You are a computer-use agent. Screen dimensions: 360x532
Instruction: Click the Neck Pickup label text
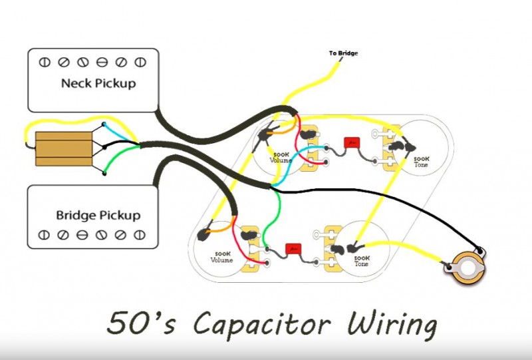(x=98, y=84)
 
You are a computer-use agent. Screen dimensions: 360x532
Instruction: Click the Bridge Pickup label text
(x=98, y=216)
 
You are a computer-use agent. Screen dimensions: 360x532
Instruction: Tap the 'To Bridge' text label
(x=343, y=53)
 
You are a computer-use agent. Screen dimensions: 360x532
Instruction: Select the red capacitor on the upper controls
(x=350, y=142)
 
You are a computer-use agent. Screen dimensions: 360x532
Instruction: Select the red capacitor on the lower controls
(x=293, y=249)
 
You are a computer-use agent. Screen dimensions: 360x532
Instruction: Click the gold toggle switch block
(x=63, y=148)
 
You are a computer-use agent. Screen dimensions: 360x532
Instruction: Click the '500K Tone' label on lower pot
(x=362, y=260)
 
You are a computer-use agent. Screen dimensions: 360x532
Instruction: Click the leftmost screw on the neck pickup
(x=45, y=63)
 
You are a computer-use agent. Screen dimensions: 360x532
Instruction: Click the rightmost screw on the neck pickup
(x=140, y=63)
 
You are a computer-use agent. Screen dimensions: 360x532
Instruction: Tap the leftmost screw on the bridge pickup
(x=45, y=235)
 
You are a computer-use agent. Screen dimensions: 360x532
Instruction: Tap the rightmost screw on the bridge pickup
(x=140, y=235)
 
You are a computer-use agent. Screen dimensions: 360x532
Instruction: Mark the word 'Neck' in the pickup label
(x=74, y=84)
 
